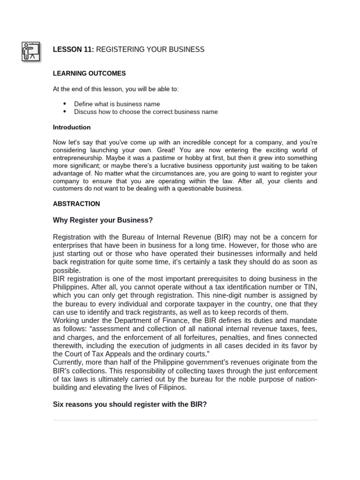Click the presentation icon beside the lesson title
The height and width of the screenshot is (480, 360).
[x=31, y=51]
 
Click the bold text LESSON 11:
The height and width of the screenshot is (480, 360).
[x=74, y=50]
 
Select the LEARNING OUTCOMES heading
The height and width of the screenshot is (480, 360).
[x=89, y=74]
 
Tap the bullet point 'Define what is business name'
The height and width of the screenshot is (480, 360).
[x=117, y=104]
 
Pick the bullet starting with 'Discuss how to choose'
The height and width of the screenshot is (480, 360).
[x=145, y=112]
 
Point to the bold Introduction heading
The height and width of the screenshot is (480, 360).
[x=72, y=127]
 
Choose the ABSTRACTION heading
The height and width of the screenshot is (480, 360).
[x=76, y=204]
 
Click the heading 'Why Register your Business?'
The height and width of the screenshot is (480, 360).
[x=103, y=220]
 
